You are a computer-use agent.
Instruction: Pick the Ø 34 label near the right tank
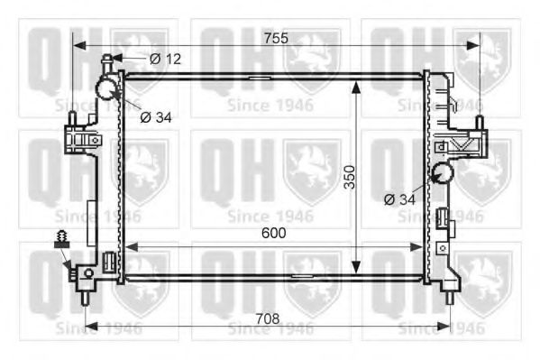(x=400, y=198)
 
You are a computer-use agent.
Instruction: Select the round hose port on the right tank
(x=441, y=174)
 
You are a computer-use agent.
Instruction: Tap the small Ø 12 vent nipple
(x=108, y=61)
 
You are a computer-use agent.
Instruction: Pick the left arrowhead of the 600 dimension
(x=128, y=245)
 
